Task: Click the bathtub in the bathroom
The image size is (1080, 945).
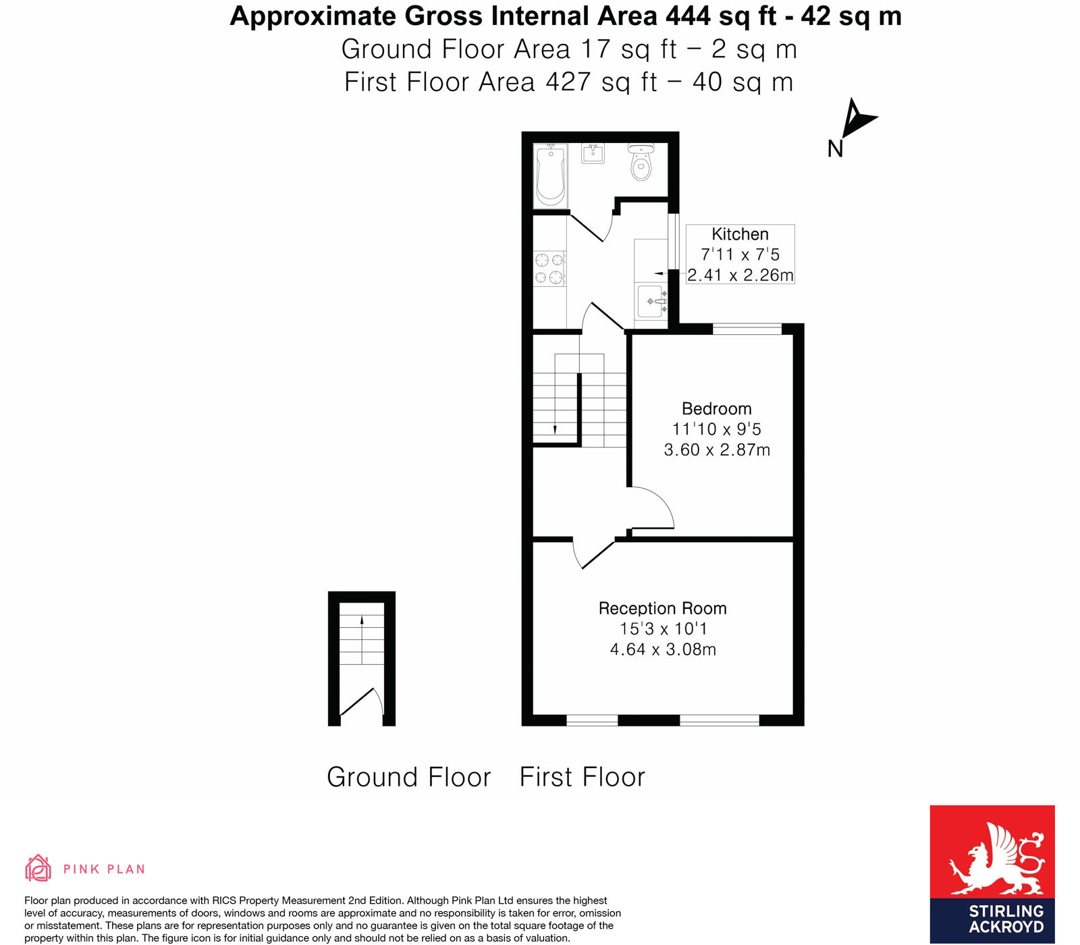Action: coord(550,175)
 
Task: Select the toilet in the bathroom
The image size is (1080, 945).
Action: coord(641,162)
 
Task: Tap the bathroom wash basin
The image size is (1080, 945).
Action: coord(593,153)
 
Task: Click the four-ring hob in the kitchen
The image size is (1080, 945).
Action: coord(549,268)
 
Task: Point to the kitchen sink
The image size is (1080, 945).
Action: coord(650,301)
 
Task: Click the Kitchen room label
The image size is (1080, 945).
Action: coord(740,234)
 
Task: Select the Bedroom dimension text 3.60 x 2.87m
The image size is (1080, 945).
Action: coord(716,450)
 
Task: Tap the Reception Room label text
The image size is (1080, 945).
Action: coord(662,608)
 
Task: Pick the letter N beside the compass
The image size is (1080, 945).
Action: coord(835,148)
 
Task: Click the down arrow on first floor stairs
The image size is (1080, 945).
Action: coord(555,428)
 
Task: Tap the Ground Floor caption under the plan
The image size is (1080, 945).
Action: coord(408,777)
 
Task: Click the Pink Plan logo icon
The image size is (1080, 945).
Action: coord(38,868)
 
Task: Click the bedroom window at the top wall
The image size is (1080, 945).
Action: coord(747,329)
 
